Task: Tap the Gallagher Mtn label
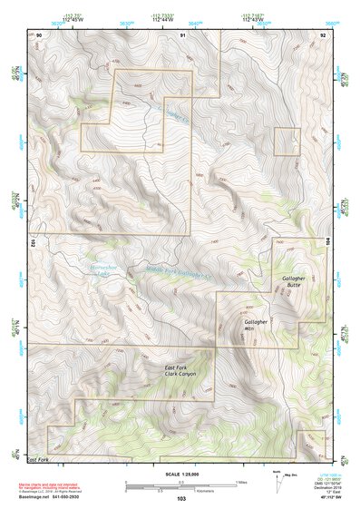click(258, 325)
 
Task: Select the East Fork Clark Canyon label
click(179, 369)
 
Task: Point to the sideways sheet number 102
click(32, 242)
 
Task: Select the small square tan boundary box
click(287, 142)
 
